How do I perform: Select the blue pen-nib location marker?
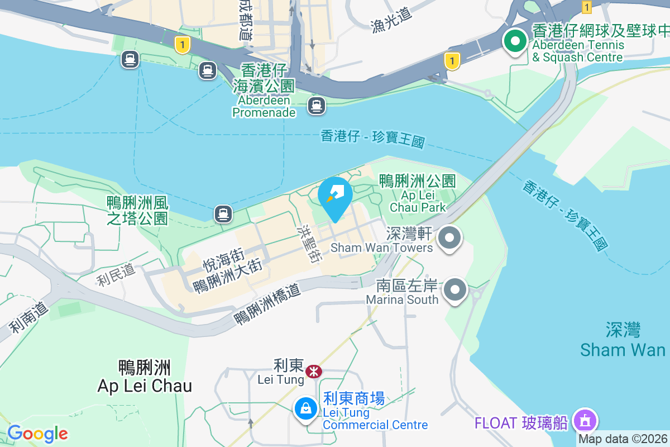pos(335,196)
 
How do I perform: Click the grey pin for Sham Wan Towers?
pos(449,239)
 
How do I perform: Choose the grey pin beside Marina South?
pos(455,290)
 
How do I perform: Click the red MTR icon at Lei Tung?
pos(314,370)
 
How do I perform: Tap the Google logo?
pos(37,434)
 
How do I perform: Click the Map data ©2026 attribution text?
pos(623,439)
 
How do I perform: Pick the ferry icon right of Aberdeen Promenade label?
pos(317,105)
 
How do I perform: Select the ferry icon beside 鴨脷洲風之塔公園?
pos(223,213)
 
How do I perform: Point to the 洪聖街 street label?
pos(311,245)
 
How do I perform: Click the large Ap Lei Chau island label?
pos(145,377)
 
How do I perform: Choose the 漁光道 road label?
pos(391,21)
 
